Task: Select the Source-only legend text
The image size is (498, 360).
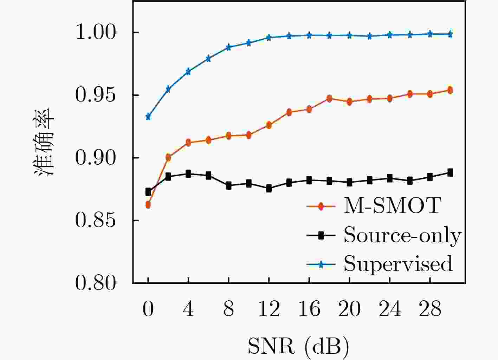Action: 402,235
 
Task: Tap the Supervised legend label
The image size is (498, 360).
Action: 398,263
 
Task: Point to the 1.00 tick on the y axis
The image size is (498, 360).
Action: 96,33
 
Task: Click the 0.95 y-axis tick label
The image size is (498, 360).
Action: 96,95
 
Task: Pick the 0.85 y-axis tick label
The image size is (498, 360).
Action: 96,221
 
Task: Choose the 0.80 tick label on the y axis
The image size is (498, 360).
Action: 96,283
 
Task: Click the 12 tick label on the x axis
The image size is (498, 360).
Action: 269,309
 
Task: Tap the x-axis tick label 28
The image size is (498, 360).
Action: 430,309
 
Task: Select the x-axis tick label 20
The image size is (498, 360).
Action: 349,309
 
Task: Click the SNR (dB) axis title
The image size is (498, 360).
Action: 298,346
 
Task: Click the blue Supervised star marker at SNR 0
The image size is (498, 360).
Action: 148,117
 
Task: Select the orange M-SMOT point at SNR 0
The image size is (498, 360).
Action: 148,205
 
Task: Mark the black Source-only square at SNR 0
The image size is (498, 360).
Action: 148,192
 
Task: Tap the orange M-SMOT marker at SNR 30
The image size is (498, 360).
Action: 450,90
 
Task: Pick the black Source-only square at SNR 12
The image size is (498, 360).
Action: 269,189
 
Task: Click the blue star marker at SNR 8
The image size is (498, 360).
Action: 229,47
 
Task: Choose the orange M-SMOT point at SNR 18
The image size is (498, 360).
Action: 329,99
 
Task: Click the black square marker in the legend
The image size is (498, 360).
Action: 321,235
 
